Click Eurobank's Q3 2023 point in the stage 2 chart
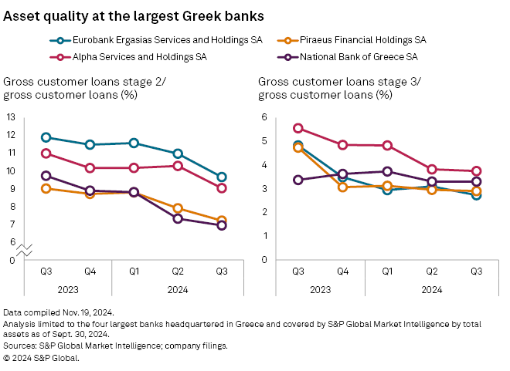pyautogui.click(x=46, y=137)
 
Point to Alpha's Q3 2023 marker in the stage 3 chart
pyautogui.click(x=297, y=129)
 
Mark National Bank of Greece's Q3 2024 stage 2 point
pyautogui.click(x=221, y=225)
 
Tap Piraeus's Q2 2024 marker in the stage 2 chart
pyautogui.click(x=178, y=208)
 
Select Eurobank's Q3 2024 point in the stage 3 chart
pyautogui.click(x=476, y=195)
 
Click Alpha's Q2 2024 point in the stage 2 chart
pyautogui.click(x=178, y=166)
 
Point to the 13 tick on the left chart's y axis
pyautogui.click(x=11, y=117)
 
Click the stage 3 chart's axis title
pyautogui.click(x=324, y=89)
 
